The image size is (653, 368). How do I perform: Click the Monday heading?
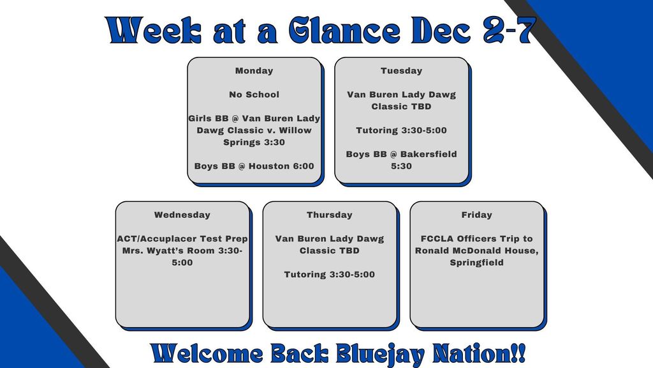coord(254,71)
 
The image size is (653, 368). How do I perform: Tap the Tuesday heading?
coord(401,71)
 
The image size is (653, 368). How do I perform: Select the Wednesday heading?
coord(182,215)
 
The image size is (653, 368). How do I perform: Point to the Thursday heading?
coord(329,215)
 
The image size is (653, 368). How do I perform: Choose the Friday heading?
coord(476,215)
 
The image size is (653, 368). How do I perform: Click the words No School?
coord(254,95)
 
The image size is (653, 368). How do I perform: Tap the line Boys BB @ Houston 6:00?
coord(254,166)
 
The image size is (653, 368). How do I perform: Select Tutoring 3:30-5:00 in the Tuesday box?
coord(401,130)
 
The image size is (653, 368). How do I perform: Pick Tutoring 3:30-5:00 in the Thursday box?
coord(329,275)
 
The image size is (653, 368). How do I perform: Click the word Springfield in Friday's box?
coord(476,263)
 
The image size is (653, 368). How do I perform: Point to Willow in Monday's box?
coord(295,130)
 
